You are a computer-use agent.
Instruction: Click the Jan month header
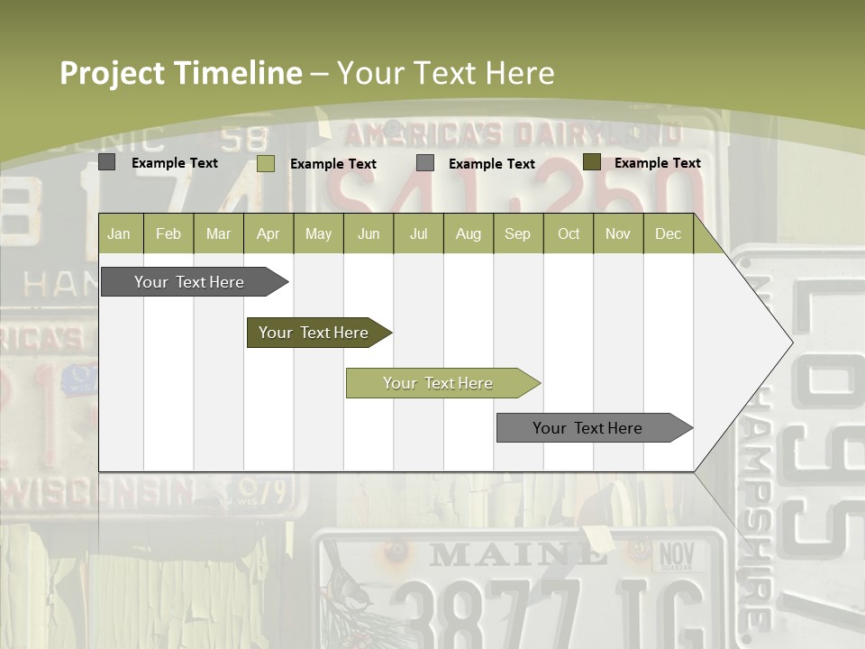(x=119, y=234)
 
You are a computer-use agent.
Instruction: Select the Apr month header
(x=268, y=234)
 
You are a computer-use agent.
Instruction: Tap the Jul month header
(x=418, y=234)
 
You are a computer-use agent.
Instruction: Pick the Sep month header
(x=517, y=234)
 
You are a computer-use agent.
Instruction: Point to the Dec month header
(x=668, y=234)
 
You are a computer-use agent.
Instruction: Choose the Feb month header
(x=168, y=234)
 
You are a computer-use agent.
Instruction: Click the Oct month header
(x=569, y=234)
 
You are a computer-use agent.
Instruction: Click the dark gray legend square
(x=107, y=162)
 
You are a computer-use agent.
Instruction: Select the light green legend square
(x=266, y=163)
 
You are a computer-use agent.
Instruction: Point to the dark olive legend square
(x=591, y=162)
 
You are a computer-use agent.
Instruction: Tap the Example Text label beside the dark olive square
(x=657, y=163)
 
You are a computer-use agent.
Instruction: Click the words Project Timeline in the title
(x=180, y=73)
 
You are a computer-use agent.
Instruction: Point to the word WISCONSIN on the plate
(x=99, y=492)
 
